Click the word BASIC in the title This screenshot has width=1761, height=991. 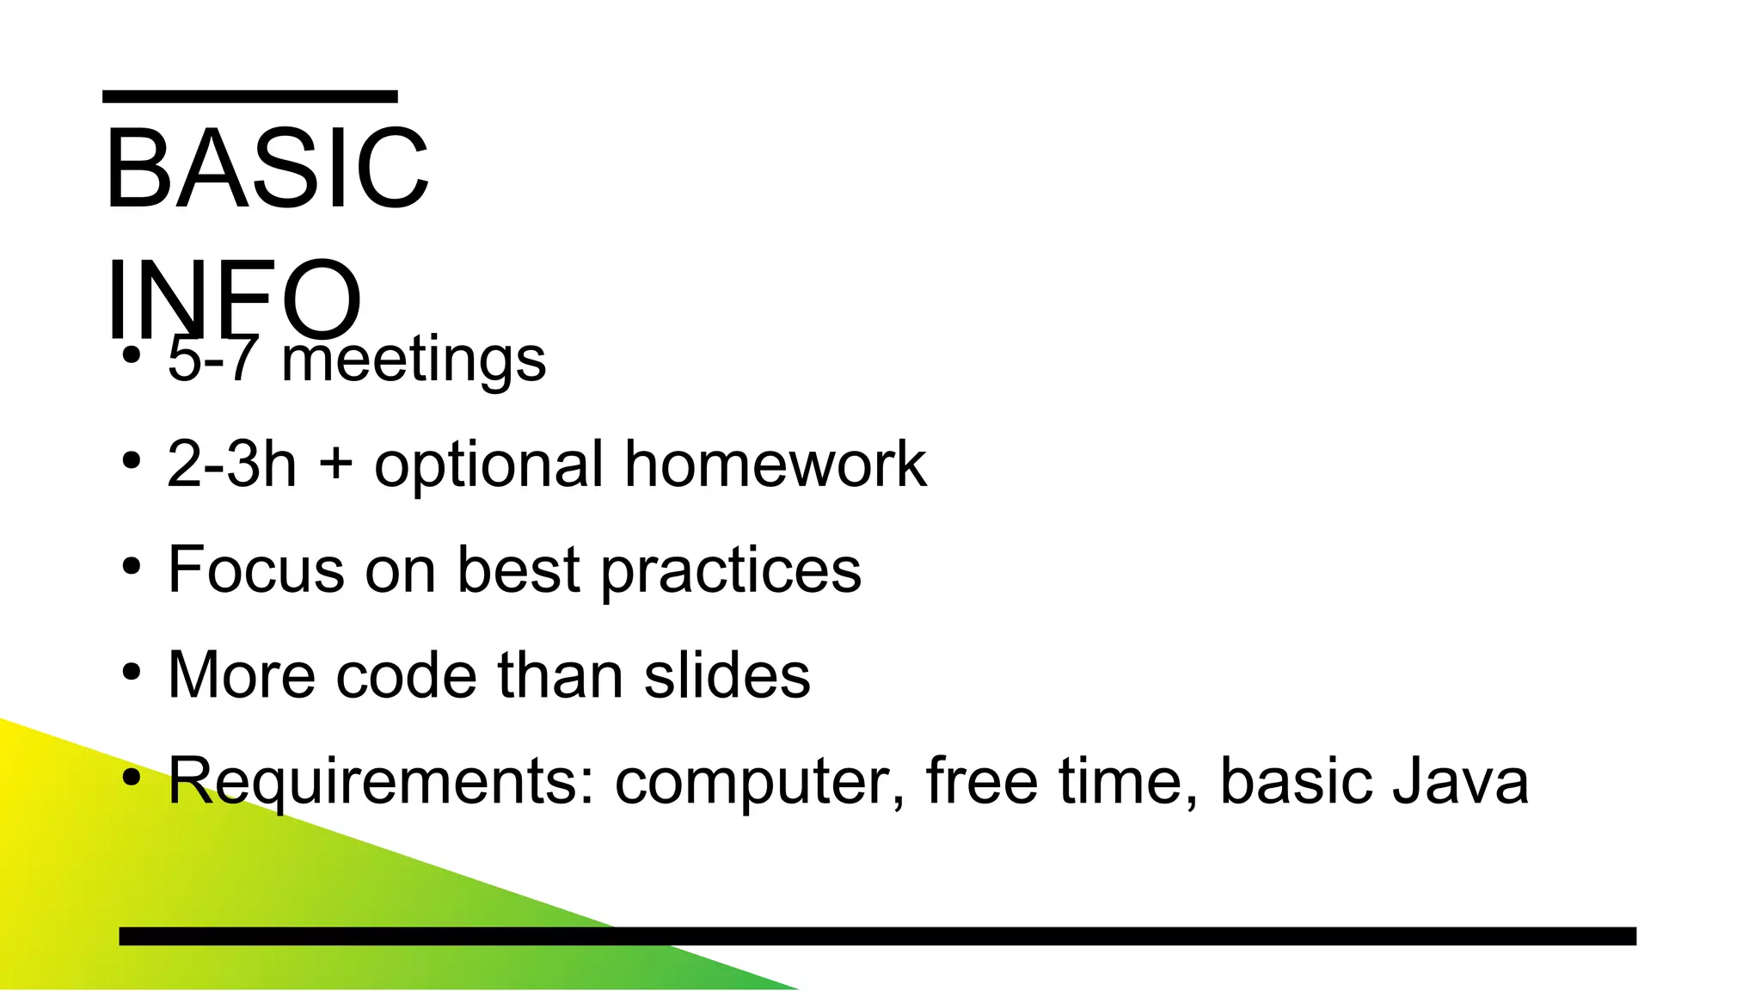[x=267, y=169]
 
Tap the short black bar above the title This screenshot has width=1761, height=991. [x=249, y=96]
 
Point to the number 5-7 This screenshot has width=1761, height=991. [x=212, y=360]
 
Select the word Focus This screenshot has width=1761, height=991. [x=255, y=570]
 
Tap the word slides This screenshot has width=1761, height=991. [x=727, y=676]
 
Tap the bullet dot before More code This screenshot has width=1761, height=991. [x=131, y=672]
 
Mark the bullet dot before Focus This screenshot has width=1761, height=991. [x=131, y=567]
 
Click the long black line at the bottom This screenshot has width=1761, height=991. [x=877, y=936]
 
